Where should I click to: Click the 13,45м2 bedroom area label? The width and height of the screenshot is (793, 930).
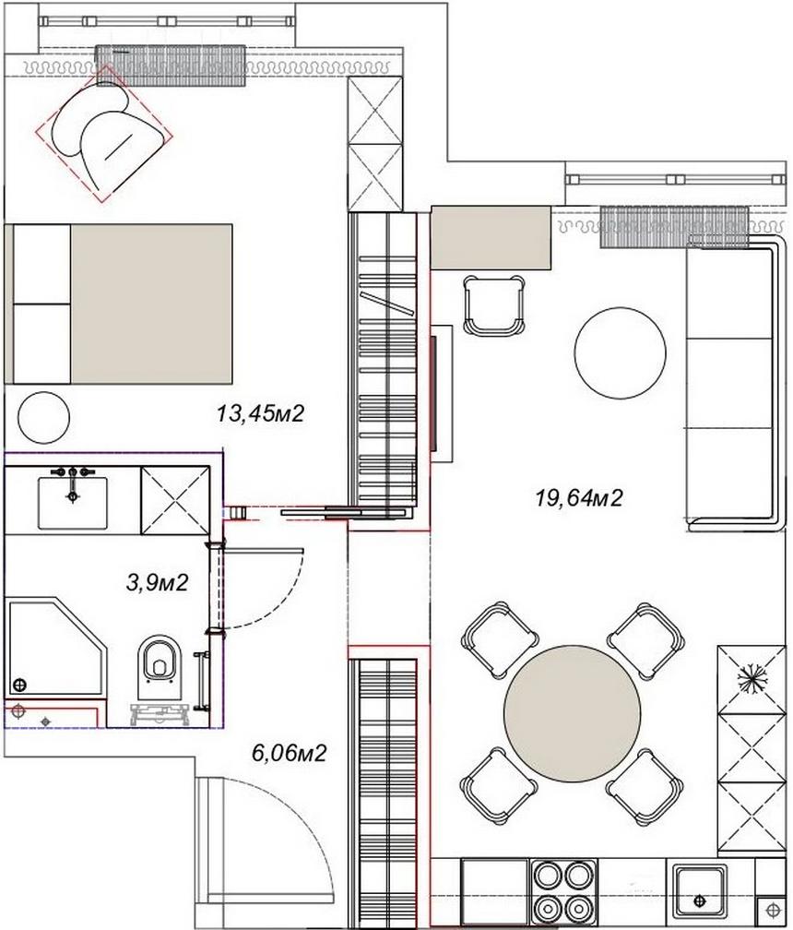tap(260, 415)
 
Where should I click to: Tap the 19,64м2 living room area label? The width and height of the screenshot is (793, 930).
tap(579, 499)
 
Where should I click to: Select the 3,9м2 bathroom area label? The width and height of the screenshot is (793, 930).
tap(158, 582)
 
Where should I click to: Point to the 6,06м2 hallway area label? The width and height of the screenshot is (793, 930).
tap(290, 754)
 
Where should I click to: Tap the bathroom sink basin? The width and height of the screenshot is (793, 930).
tap(72, 502)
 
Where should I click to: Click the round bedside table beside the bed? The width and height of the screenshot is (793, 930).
tap(43, 418)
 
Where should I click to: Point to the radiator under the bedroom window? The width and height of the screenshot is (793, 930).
tap(170, 66)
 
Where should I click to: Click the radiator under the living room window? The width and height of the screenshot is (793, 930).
tap(673, 226)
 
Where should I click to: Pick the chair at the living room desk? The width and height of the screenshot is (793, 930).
tap(493, 306)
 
